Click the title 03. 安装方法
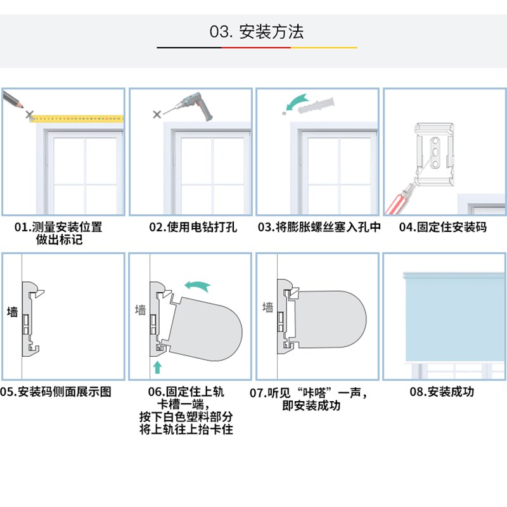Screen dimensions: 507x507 click(x=257, y=31)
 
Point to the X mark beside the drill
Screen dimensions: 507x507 click(x=157, y=114)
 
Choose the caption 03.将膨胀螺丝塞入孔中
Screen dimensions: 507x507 click(x=319, y=227)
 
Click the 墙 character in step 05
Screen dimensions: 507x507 click(x=12, y=312)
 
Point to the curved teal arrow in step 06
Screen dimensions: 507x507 click(x=196, y=286)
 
